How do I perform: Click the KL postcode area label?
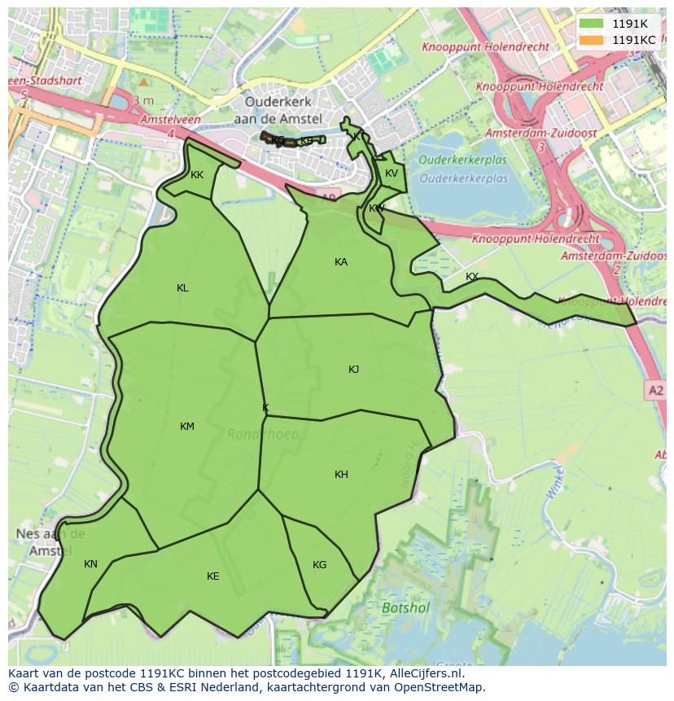(x=182, y=287)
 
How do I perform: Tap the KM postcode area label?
(x=187, y=426)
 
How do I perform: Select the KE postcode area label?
(x=212, y=576)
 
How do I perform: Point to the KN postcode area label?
(x=90, y=563)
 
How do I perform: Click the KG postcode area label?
(x=319, y=564)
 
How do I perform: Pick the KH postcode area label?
(x=341, y=474)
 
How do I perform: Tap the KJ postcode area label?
(x=353, y=369)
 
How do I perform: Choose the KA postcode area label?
(x=341, y=261)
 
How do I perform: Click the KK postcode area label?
(x=197, y=174)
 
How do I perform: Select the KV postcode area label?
(x=392, y=173)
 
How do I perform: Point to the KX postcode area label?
(x=472, y=277)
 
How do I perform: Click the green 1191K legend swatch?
(x=592, y=24)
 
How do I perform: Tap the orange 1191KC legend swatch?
(x=592, y=40)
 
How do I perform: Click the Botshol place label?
(x=405, y=607)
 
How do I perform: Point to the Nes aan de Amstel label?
(x=50, y=542)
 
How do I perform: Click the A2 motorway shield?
(x=656, y=391)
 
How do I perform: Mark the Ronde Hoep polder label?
(x=263, y=434)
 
